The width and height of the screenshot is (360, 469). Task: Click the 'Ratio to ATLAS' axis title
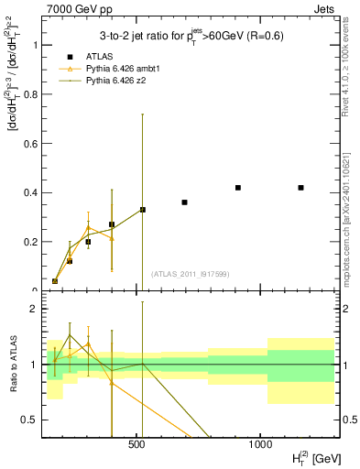pyautogui.click(x=12, y=365)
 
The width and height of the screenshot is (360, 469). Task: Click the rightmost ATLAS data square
pyautogui.click(x=300, y=188)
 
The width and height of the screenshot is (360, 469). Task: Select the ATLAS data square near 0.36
pyautogui.click(x=184, y=202)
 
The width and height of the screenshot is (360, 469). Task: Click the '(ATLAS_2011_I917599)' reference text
pyautogui.click(x=189, y=274)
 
